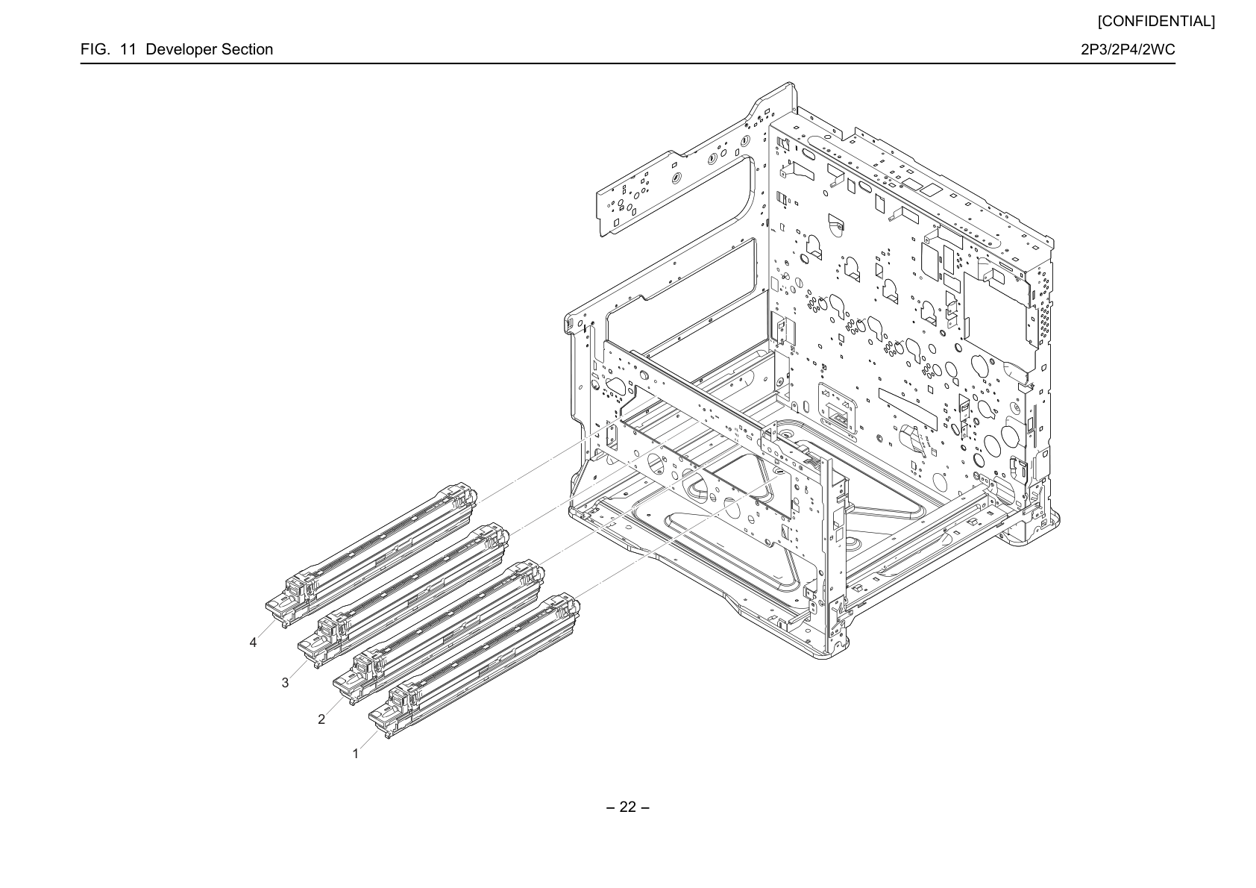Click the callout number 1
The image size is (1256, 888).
356,754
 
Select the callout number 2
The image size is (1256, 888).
321,719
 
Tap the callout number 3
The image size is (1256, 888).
286,683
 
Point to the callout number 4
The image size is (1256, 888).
254,642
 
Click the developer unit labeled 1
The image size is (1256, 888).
474,666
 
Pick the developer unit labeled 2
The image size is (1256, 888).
439,631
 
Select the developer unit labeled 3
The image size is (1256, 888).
404,595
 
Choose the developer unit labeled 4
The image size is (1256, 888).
371,554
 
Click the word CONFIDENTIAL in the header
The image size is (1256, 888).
1156,22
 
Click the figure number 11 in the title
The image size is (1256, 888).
128,49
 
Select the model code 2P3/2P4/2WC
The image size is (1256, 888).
1128,49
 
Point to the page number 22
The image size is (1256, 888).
628,807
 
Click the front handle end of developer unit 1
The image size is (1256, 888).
383,719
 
